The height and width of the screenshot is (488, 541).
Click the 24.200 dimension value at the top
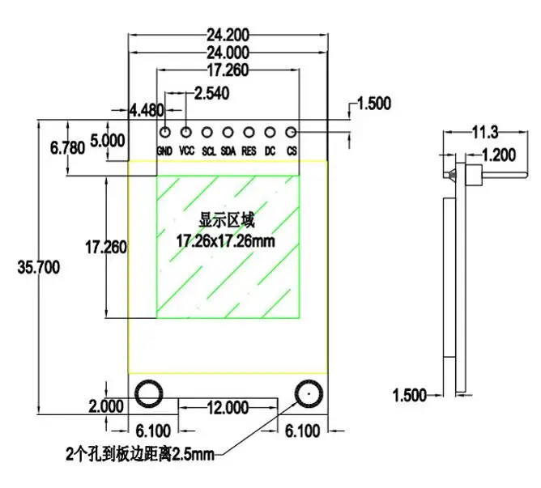228,35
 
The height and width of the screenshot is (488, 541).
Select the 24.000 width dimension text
228,53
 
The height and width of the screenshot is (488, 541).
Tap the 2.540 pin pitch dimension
212,93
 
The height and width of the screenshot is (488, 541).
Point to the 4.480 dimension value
147,110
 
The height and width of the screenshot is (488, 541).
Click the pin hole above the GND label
165,132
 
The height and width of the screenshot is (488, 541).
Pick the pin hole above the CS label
291,132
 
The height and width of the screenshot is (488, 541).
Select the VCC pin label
186,151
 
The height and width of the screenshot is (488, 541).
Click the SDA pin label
228,151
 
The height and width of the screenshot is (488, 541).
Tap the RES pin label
249,151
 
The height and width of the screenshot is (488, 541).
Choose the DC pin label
270,151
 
